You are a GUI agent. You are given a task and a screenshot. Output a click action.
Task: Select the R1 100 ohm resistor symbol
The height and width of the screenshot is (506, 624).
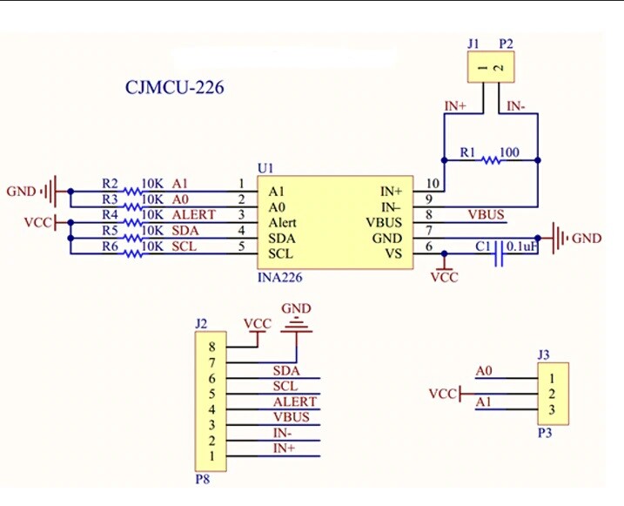tap(492, 159)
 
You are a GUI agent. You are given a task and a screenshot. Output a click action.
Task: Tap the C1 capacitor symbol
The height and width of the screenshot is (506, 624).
tap(500, 254)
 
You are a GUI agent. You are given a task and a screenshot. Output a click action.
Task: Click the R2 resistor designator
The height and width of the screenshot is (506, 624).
tap(110, 184)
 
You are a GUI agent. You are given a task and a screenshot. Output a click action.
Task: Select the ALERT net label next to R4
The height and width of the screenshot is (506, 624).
tap(193, 215)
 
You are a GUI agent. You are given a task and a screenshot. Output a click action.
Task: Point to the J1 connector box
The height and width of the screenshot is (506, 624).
tap(489, 67)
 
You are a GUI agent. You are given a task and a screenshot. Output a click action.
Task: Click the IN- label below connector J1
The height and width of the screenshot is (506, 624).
tap(515, 106)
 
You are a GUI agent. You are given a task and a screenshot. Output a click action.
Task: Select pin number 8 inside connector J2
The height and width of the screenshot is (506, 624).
tap(211, 346)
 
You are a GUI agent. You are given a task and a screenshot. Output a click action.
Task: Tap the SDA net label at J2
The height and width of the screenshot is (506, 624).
tap(286, 371)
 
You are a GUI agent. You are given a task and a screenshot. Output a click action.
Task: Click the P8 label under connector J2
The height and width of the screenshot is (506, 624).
tap(203, 477)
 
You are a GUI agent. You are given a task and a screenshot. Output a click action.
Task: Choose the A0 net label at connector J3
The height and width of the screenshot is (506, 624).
tap(484, 372)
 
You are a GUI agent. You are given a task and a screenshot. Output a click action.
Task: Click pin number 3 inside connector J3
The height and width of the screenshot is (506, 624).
tap(551, 409)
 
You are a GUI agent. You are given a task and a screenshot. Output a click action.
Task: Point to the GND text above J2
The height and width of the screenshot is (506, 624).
tap(296, 309)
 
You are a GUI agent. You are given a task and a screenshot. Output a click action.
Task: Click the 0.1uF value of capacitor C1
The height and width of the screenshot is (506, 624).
tap(520, 246)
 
